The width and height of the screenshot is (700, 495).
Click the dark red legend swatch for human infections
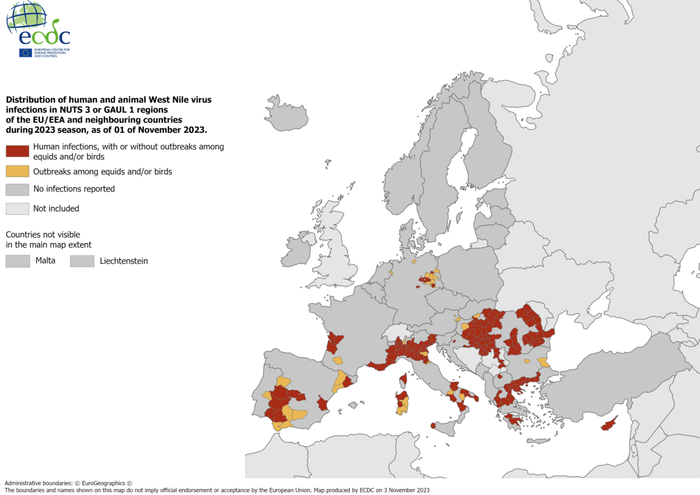click(17, 151)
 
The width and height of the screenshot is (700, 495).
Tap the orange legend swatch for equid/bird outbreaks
click(17, 171)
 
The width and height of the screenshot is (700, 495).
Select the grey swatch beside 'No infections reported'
click(17, 189)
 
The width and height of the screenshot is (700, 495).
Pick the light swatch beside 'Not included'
click(17, 209)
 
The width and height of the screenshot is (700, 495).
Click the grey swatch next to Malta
click(17, 261)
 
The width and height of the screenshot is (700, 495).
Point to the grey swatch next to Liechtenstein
click(82, 261)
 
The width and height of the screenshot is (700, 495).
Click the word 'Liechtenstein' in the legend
click(124, 261)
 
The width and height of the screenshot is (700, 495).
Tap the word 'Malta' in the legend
click(45, 261)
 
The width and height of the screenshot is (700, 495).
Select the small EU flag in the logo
click(25, 53)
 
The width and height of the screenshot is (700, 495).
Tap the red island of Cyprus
click(610, 424)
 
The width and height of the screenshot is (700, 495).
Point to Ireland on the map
click(298, 251)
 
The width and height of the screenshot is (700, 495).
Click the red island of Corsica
click(402, 380)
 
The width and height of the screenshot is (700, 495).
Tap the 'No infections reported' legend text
click(74, 189)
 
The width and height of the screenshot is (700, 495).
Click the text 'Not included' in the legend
click(56, 209)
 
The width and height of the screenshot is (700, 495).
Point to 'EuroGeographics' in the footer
click(103, 483)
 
